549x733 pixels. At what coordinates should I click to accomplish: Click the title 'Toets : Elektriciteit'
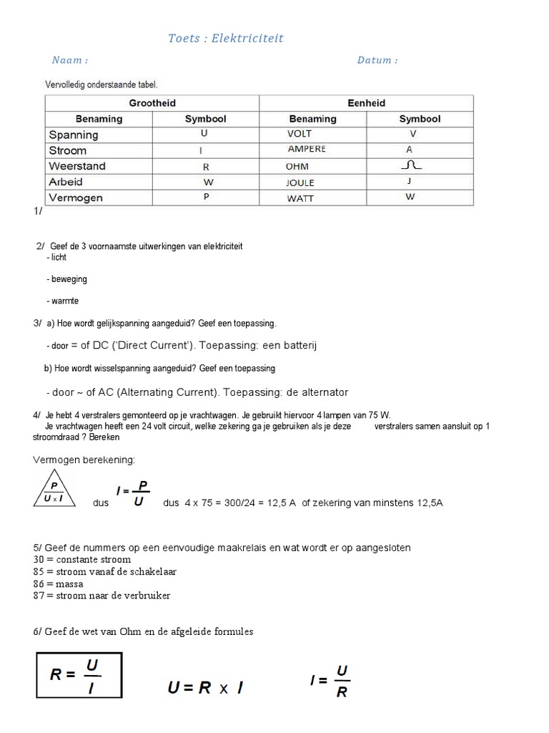(x=226, y=39)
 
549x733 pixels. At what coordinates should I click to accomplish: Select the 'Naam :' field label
(x=70, y=60)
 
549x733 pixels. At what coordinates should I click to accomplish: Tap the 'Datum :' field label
(x=377, y=60)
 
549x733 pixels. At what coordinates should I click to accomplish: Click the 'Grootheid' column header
(x=152, y=103)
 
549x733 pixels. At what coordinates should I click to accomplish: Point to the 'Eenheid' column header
(x=366, y=103)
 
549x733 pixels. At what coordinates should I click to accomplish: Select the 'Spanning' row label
(x=74, y=135)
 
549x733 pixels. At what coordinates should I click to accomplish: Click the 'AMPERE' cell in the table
(x=306, y=150)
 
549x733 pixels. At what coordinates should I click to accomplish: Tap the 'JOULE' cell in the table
(x=300, y=183)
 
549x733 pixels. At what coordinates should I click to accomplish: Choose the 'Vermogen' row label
(x=76, y=198)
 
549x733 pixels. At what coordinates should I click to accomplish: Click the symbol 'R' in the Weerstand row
(x=206, y=166)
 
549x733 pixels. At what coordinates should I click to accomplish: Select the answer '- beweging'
(x=66, y=279)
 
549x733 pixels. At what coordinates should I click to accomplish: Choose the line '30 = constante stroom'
(x=82, y=559)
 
